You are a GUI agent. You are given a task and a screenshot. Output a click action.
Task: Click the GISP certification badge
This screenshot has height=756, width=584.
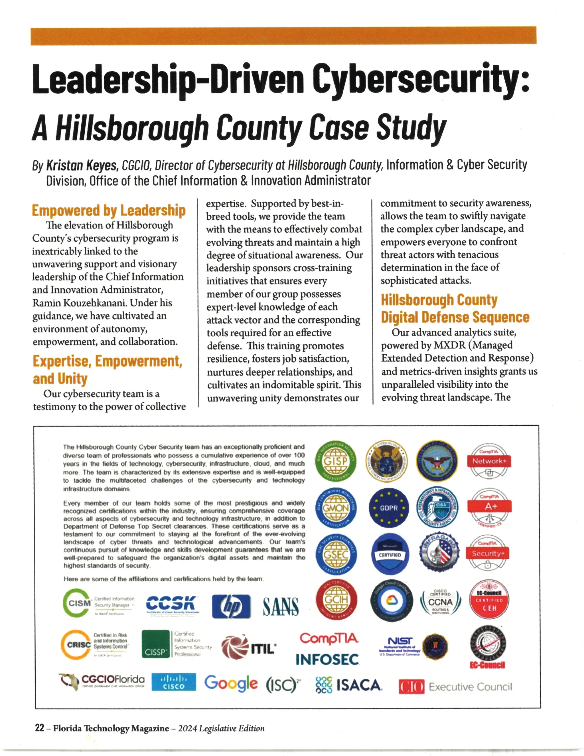tap(336, 461)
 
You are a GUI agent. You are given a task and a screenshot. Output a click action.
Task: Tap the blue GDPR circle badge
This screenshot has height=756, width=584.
tap(389, 508)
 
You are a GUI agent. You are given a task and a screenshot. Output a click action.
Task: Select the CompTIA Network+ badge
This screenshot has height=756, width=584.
tap(489, 461)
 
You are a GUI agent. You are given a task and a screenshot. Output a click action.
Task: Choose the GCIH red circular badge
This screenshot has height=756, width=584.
tap(336, 600)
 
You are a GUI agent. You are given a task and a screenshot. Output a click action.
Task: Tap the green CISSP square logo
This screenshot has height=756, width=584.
tap(156, 644)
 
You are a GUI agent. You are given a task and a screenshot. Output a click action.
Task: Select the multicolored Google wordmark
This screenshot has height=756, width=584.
tap(231, 683)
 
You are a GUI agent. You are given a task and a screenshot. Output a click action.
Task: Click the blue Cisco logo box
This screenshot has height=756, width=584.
tap(174, 682)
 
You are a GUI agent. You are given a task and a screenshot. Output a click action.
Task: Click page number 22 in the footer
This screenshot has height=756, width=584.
tap(39, 728)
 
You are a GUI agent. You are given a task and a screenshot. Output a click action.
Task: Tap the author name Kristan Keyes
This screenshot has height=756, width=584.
tap(82, 165)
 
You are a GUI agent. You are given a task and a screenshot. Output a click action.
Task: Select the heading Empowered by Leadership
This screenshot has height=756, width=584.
tap(109, 211)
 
